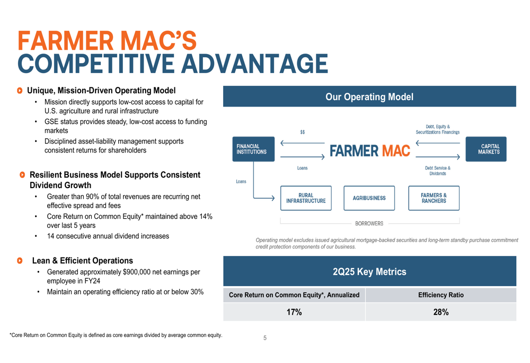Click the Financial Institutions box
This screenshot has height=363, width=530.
pyautogui.click(x=253, y=149)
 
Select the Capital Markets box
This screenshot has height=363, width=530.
pyautogui.click(x=485, y=149)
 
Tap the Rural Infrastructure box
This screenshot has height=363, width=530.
pyautogui.click(x=306, y=198)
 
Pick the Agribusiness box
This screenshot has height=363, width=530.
pyautogui.click(x=369, y=198)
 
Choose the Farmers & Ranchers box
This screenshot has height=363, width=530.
pyautogui.click(x=434, y=198)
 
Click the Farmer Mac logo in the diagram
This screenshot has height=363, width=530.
pyautogui.click(x=370, y=150)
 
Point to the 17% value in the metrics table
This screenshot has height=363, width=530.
pyautogui.click(x=294, y=312)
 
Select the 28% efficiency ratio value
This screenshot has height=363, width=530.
pyautogui.click(x=441, y=312)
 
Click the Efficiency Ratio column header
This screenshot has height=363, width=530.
pyautogui.click(x=441, y=295)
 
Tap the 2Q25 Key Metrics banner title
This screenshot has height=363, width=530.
pyautogui.click(x=369, y=272)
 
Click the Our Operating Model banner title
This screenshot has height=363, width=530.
pyautogui.click(x=369, y=97)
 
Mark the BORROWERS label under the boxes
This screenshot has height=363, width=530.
pyautogui.click(x=369, y=224)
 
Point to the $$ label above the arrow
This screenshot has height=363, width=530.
pyautogui.click(x=303, y=132)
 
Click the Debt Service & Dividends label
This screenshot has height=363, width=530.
pyautogui.click(x=438, y=171)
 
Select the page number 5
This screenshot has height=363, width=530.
pyautogui.click(x=265, y=338)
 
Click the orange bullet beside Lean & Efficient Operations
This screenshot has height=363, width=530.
pyautogui.click(x=20, y=261)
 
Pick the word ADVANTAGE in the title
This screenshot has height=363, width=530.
pyautogui.click(x=255, y=64)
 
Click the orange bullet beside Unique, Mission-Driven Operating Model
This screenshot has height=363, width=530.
pyautogui.click(x=20, y=91)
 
